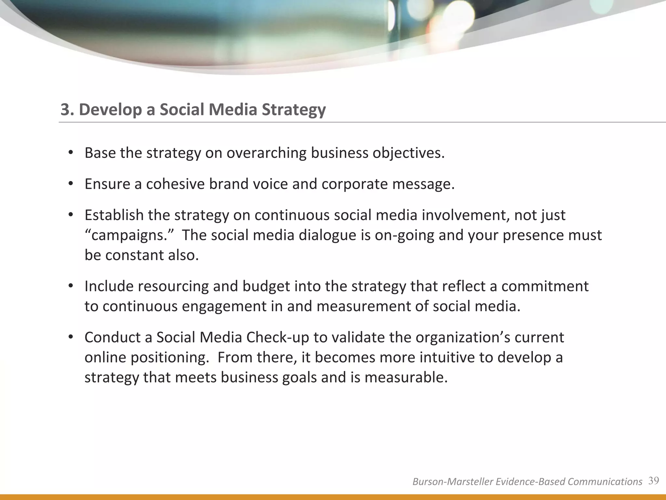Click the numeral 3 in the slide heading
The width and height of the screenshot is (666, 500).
pos(65,110)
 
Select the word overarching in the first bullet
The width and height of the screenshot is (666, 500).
pos(266,153)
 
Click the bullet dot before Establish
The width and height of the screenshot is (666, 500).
pos(70,215)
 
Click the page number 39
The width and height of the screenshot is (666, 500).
pos(654,480)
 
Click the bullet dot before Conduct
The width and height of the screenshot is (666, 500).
pos(70,338)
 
